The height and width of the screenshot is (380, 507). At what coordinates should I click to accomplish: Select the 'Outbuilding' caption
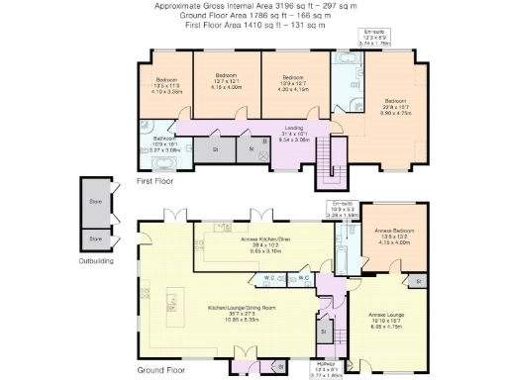pyautogui.click(x=97, y=261)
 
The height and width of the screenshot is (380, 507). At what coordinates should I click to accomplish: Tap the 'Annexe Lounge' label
pyautogui.click(x=388, y=317)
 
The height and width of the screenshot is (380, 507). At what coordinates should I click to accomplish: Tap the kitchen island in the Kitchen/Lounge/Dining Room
pyautogui.click(x=178, y=300)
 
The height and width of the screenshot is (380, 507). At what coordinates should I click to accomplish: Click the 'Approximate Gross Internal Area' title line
pyautogui.click(x=255, y=6)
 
